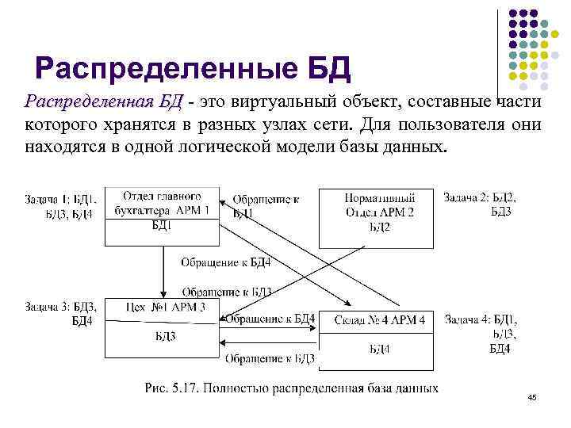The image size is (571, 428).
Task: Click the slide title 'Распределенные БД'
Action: pyautogui.click(x=193, y=69)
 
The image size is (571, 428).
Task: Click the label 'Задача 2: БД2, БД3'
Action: pyautogui.click(x=480, y=204)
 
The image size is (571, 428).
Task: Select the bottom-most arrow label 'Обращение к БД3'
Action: pyautogui.click(x=270, y=359)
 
